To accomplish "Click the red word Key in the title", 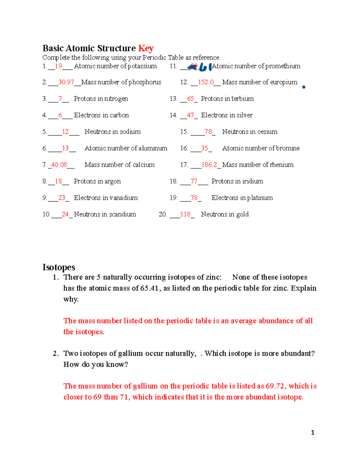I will click(146, 48).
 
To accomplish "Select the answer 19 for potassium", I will click(58, 66).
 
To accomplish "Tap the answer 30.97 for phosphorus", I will click(66, 82).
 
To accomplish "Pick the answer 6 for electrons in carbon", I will click(60, 115).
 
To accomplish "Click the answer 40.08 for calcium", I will click(59, 165).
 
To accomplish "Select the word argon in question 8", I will click(112, 181).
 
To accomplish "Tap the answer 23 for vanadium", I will click(62, 198).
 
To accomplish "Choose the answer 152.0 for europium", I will click(206, 82).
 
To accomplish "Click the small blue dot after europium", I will click(304, 87).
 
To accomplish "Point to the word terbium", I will click(242, 99).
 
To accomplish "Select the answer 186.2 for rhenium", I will click(209, 165).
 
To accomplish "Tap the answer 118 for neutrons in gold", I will click(185, 214).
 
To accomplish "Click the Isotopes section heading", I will click(59, 267).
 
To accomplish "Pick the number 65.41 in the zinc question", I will click(149, 288).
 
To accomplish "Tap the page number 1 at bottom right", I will click(313, 432).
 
